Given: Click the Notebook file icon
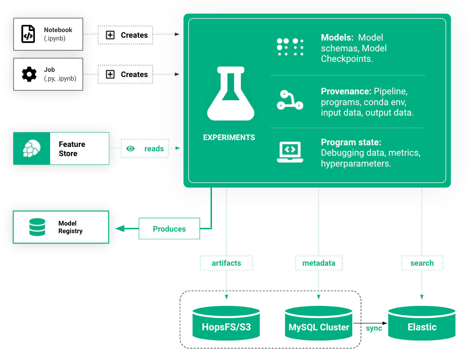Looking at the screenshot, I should click(28, 34).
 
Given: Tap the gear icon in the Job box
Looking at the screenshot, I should click(28, 74).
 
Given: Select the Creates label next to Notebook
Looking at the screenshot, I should click(134, 35).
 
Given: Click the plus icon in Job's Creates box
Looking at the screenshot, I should click(110, 74).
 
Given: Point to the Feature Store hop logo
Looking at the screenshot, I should click(32, 148).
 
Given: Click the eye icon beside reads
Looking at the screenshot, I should click(130, 148).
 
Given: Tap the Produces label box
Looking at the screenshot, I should click(169, 229).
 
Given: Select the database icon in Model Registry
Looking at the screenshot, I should click(37, 227).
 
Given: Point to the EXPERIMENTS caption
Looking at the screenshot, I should click(229, 137).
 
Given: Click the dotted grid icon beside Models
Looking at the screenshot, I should click(290, 47).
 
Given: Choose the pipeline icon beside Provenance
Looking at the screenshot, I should click(290, 100).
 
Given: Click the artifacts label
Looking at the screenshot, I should click(226, 263).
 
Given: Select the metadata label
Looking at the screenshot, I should click(319, 263).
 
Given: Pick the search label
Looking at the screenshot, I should click(422, 263).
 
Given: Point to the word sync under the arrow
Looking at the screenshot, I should click(374, 328).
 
